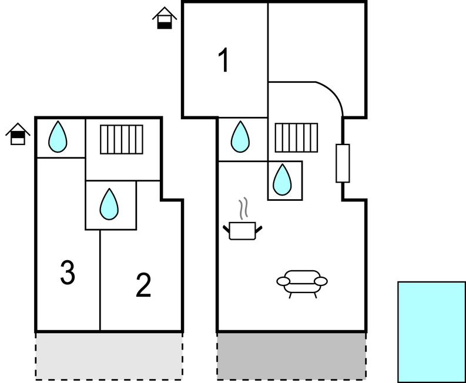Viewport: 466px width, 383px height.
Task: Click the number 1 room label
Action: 223,60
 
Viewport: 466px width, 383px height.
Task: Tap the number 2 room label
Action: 143,285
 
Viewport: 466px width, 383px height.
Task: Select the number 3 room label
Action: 68,273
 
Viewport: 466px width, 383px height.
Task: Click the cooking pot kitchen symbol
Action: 243,230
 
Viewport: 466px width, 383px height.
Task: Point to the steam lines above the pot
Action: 243,209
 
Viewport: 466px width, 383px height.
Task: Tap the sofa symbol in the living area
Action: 302,284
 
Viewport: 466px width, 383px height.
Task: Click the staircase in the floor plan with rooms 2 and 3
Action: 122,139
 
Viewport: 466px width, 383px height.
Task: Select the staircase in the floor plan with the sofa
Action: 296,137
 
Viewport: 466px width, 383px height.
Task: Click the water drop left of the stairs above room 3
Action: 58,137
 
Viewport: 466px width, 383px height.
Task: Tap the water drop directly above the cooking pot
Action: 240,137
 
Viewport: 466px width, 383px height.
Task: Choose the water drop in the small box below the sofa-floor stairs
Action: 282,180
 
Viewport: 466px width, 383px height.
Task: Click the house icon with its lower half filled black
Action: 165,18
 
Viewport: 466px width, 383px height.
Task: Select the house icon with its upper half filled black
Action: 18,134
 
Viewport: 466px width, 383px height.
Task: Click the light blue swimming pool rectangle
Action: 432,332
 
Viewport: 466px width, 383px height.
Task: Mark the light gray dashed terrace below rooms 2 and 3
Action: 109,356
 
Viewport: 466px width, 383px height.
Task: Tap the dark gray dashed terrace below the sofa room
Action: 291,356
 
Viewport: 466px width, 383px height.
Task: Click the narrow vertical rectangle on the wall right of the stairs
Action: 343,163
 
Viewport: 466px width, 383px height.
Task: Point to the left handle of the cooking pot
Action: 226,229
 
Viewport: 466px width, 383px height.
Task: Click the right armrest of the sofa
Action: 321,281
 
